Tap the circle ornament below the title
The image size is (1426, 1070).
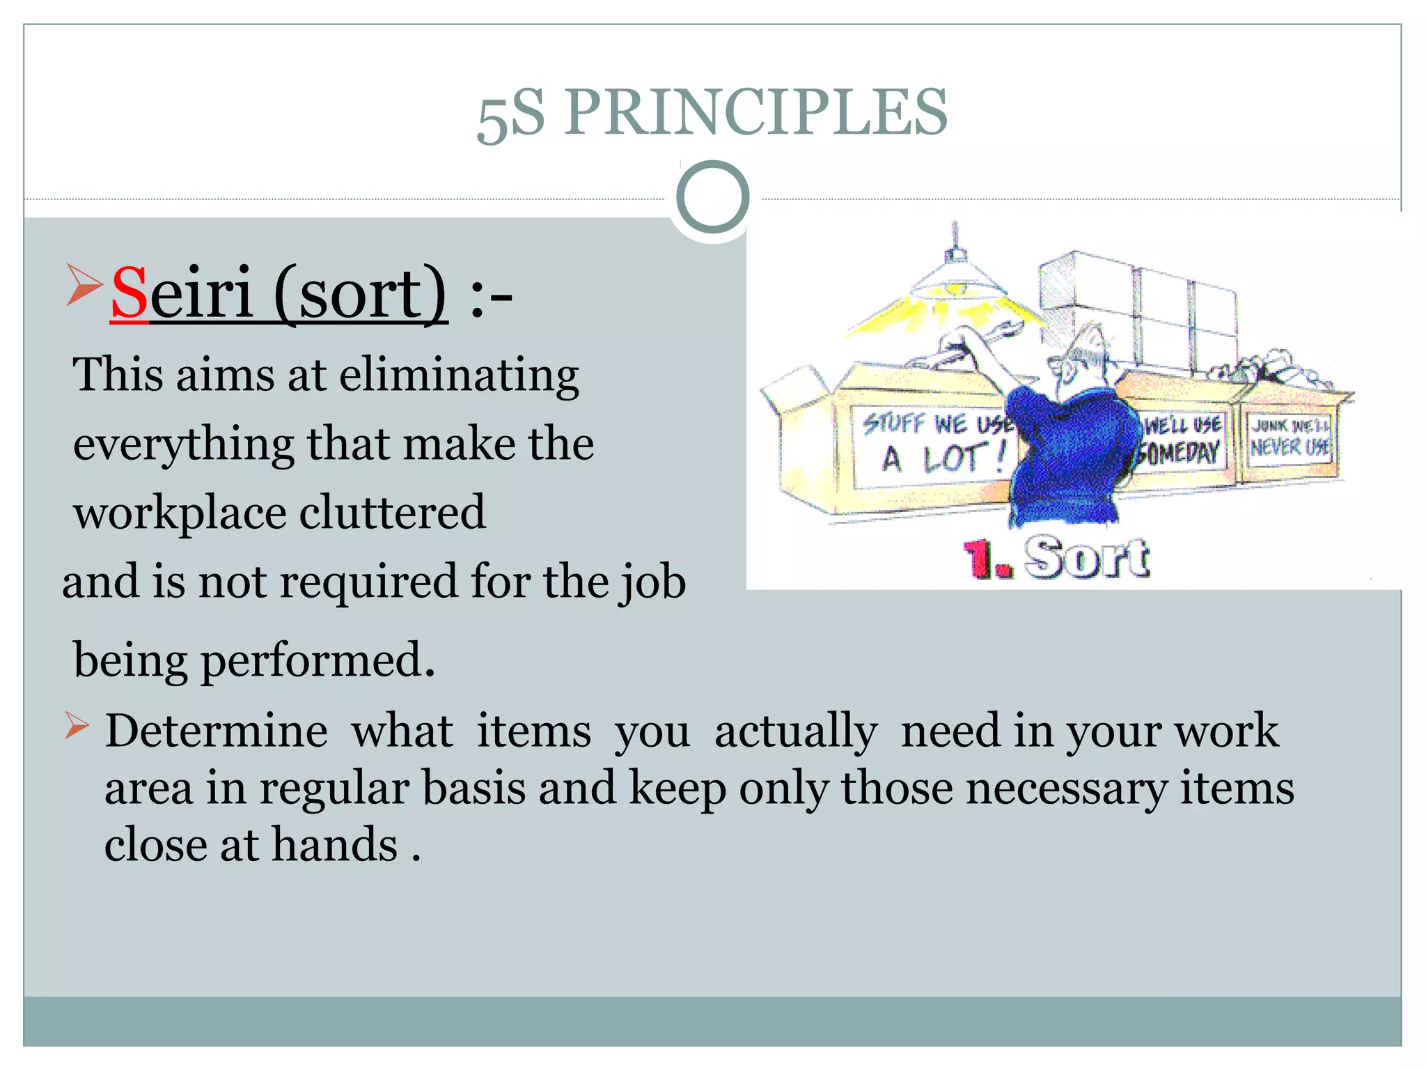[x=712, y=197]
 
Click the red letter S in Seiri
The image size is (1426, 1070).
[x=130, y=293]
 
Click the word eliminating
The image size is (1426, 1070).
[x=459, y=375]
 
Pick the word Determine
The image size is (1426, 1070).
[x=216, y=731]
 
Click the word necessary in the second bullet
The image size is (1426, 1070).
[x=1066, y=789]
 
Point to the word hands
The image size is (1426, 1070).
[x=334, y=845]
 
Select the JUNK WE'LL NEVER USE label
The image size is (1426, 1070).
[x=1290, y=437]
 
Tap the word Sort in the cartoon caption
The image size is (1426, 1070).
[x=1086, y=557]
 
